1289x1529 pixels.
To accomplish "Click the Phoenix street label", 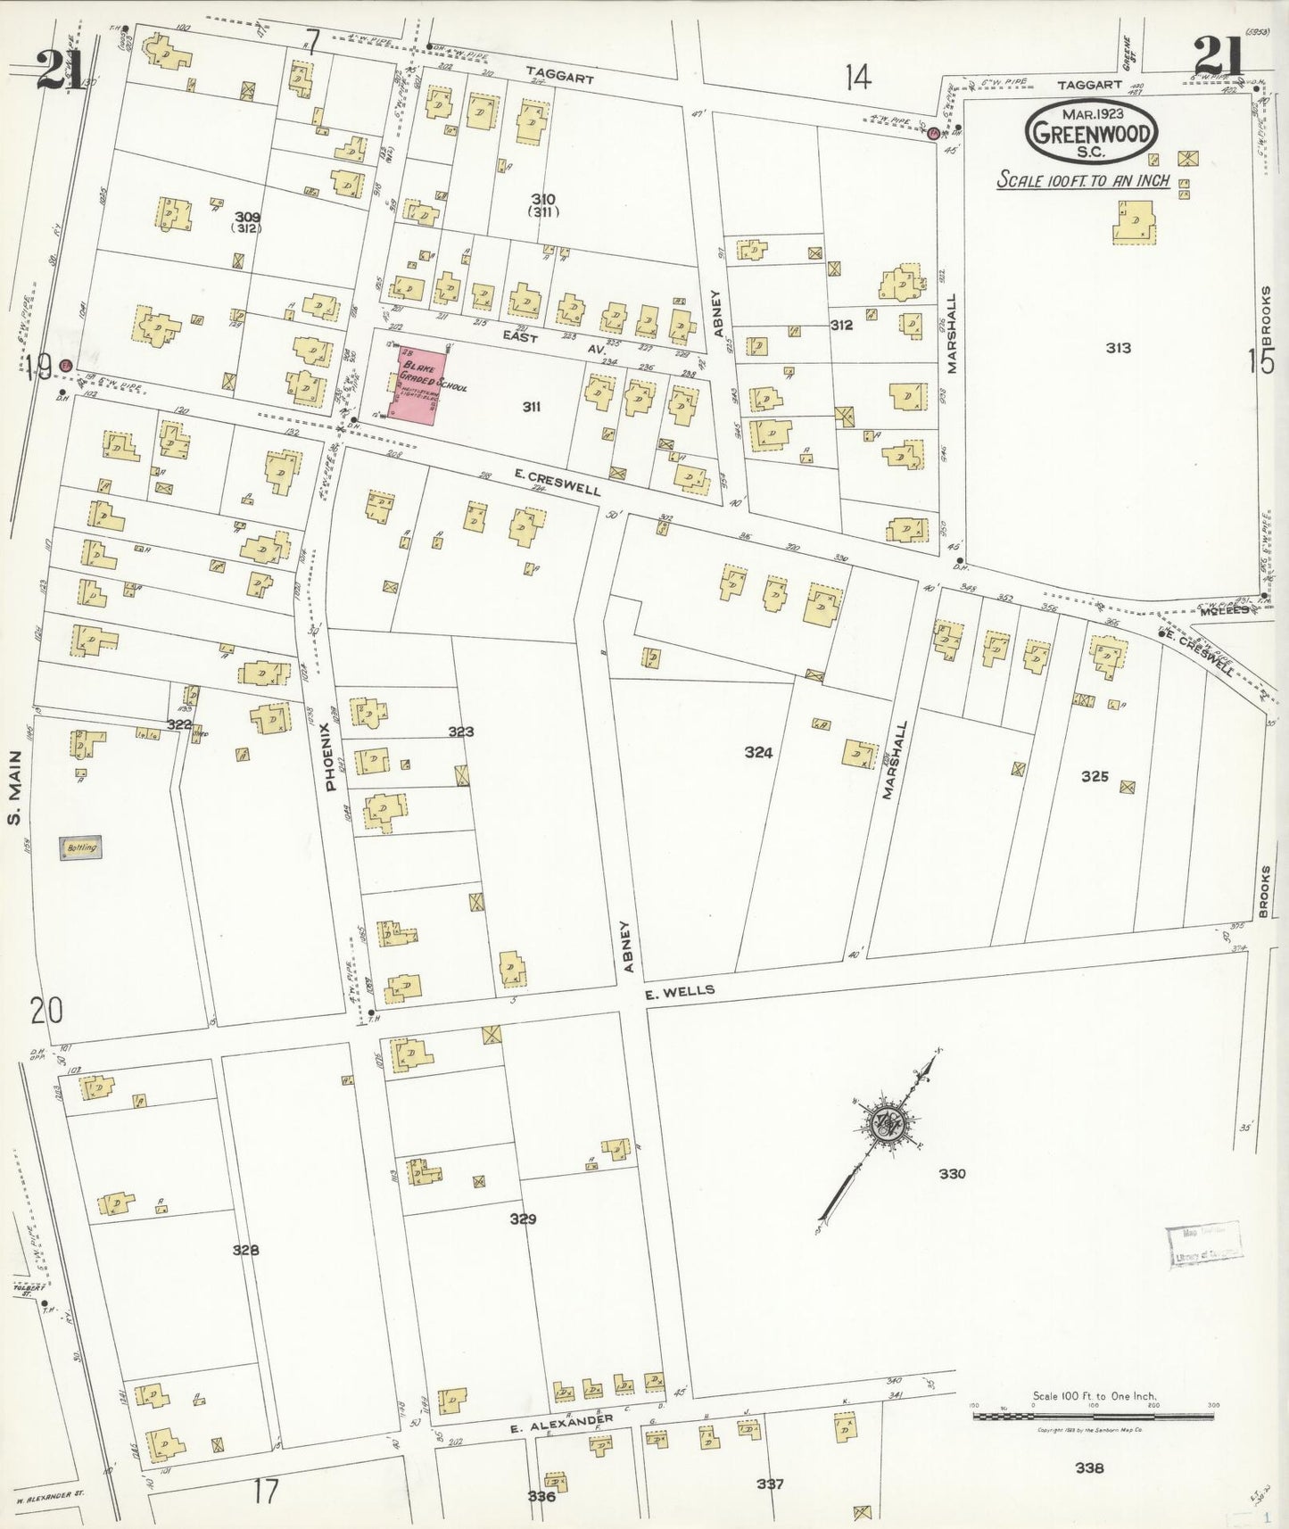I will click(x=330, y=756).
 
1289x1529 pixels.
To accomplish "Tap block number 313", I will click(x=1118, y=348).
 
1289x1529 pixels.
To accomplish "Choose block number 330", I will click(x=952, y=1173).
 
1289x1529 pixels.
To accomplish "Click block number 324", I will click(x=758, y=752).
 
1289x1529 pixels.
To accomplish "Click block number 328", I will click(x=245, y=1250).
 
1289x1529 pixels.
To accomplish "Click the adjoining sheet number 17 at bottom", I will click(x=266, y=1491).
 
